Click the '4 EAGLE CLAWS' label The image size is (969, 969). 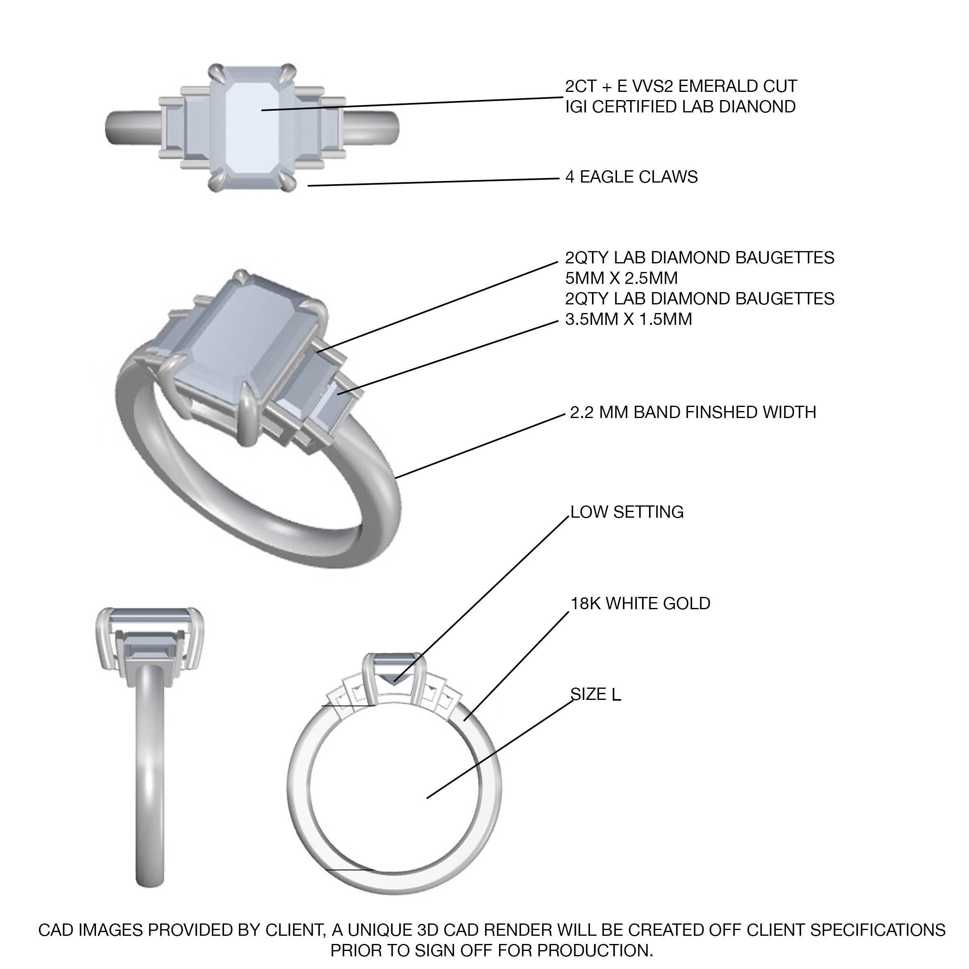631,177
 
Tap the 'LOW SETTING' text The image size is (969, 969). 627,512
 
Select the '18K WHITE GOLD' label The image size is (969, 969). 640,603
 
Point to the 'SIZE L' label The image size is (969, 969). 596,694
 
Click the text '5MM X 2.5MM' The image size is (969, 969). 622,278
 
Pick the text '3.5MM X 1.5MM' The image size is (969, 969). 628,319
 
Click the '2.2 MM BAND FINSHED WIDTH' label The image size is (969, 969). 693,412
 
